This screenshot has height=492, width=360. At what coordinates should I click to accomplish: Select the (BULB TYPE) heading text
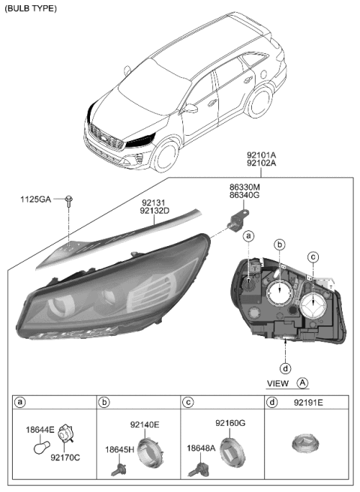pos(29,8)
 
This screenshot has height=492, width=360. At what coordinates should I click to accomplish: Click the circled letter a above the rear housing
pos(247,236)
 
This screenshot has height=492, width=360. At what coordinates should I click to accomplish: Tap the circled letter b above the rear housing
pos(280,244)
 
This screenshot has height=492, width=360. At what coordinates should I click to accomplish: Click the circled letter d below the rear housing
pos(286,367)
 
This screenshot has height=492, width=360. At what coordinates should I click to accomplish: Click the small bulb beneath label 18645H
pos(116,465)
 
